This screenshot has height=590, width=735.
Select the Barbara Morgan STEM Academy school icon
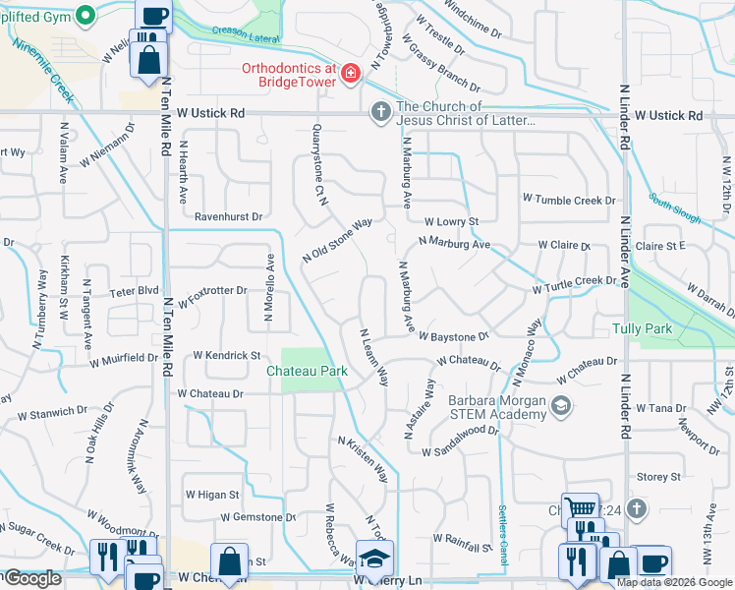[x=561, y=406]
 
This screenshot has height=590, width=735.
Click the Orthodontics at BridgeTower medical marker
[x=350, y=74]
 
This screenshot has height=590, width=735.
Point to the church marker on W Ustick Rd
[x=380, y=114]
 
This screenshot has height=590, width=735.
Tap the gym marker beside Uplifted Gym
[x=85, y=16]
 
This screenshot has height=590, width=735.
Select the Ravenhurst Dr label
[x=229, y=216]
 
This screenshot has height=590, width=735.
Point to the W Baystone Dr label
[x=453, y=336]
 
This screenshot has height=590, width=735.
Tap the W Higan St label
[x=212, y=495]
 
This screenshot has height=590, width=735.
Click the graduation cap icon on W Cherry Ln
[x=374, y=559]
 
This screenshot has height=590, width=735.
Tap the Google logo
[x=32, y=578]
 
